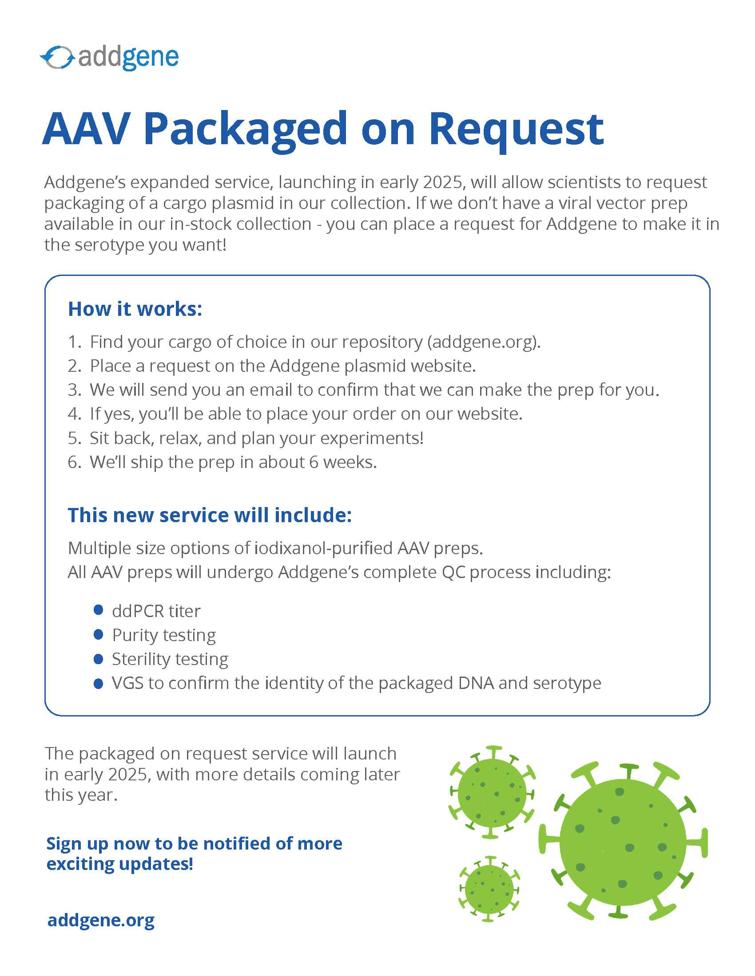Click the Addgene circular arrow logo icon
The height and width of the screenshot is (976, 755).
(57, 58)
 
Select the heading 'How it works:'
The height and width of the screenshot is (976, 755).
(135, 309)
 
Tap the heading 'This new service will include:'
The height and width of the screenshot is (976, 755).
(210, 515)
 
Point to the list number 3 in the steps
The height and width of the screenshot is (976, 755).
(74, 390)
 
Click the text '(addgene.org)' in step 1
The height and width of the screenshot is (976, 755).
(484, 342)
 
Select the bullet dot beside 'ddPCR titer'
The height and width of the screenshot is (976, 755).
(99, 610)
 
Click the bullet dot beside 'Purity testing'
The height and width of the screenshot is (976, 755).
(99, 634)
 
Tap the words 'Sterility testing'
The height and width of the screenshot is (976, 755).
(170, 659)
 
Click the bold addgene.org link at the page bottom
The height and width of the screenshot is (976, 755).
(101, 920)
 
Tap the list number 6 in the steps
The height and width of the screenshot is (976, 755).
(74, 462)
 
